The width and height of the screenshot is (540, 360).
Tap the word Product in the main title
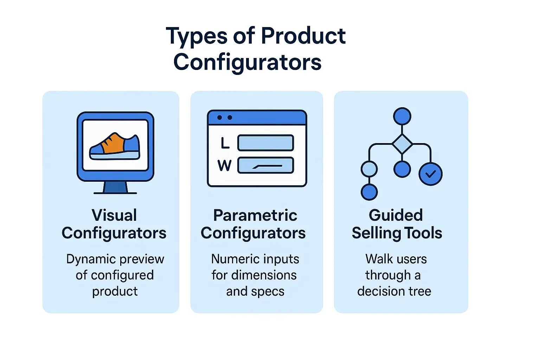click(303, 36)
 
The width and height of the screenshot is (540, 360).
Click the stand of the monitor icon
click(115, 187)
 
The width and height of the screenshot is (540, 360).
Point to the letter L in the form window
click(225, 143)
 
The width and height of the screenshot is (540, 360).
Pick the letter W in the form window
click(225, 165)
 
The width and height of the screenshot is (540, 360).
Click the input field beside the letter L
click(265, 143)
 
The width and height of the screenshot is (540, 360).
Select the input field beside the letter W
click(265, 166)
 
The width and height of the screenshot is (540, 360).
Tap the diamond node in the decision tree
click(402, 144)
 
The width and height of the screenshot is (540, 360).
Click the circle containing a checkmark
click(430, 174)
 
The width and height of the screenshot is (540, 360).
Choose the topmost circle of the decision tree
click(402, 116)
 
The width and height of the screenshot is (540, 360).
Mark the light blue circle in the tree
click(369, 169)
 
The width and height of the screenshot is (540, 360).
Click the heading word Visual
click(114, 215)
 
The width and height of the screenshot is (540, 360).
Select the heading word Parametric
click(255, 215)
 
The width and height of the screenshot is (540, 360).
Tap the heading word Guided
click(396, 215)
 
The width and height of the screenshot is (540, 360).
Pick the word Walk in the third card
click(379, 259)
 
